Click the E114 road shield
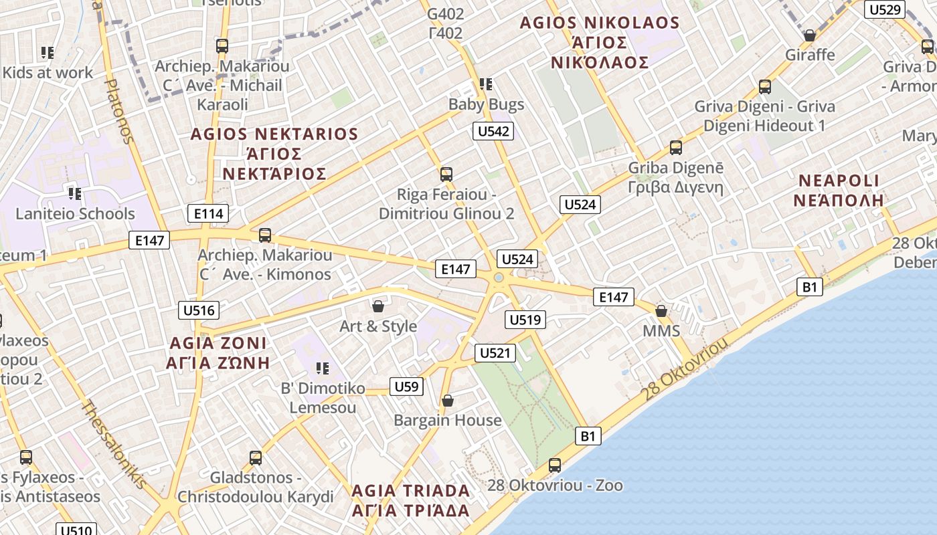[x=208, y=213]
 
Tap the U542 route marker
[x=493, y=131]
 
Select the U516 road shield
[x=199, y=310]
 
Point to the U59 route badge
[x=406, y=386]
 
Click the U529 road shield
[x=884, y=9]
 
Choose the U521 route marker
[x=495, y=353]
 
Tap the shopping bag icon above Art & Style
[x=378, y=307]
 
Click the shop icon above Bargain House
[x=448, y=401]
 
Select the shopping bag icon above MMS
[x=661, y=312]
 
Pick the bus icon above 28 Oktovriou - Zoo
[x=555, y=465]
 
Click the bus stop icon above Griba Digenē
[x=676, y=148]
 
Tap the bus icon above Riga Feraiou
[x=446, y=175]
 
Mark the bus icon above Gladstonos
[x=256, y=458]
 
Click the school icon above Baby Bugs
[x=486, y=84]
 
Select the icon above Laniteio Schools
[x=75, y=194]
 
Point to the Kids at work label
[x=48, y=72]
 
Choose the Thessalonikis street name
[x=113, y=444]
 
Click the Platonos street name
[x=120, y=110]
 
